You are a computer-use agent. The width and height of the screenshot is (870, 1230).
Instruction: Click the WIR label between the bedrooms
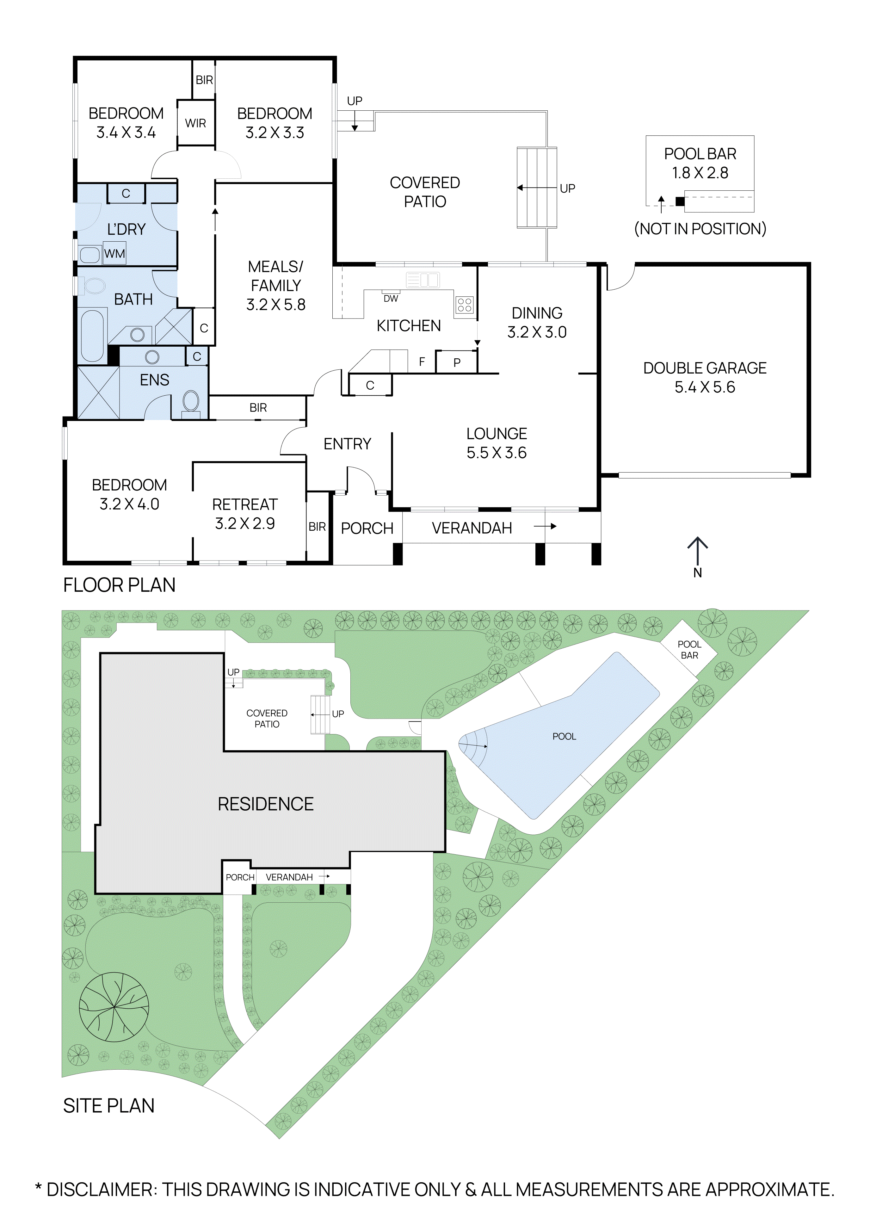click(x=195, y=123)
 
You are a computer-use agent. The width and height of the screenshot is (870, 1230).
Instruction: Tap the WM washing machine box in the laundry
click(x=115, y=253)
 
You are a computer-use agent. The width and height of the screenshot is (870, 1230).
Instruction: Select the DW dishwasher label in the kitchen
click(x=391, y=298)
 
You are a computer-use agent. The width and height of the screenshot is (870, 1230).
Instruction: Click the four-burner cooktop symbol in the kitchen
click(x=465, y=305)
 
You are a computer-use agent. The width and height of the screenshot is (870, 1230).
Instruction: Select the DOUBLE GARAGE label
click(x=705, y=368)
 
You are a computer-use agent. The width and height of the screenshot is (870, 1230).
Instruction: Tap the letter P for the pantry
click(x=457, y=363)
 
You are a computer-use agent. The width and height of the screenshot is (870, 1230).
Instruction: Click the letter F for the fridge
click(x=422, y=362)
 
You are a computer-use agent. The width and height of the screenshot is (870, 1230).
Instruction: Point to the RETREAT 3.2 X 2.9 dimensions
click(x=245, y=523)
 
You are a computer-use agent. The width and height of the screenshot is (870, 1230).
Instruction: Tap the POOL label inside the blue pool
click(x=564, y=737)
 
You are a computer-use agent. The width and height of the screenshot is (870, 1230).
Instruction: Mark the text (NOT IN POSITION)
click(x=700, y=229)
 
